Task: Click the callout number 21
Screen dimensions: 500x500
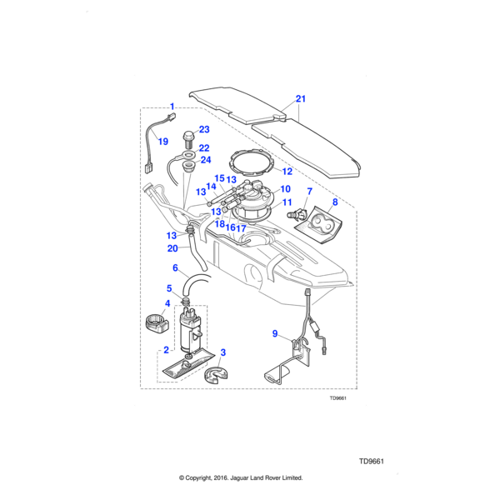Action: coord(300,99)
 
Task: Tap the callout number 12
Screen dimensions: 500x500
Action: coord(287,172)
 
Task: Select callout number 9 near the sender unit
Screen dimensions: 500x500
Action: coord(275,333)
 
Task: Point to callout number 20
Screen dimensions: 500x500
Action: coord(172,248)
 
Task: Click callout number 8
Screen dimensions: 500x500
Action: coord(335,202)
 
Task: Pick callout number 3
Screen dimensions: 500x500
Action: coord(222,352)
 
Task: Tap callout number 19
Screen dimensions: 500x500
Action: coord(163,142)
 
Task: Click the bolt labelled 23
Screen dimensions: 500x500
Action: coord(188,138)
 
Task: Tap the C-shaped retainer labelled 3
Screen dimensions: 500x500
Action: coord(216,376)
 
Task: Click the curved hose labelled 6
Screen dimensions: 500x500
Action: coord(193,282)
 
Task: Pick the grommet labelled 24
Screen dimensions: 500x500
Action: coord(188,167)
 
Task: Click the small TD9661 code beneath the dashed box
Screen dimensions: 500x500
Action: coord(337,398)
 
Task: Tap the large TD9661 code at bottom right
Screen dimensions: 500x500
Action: coord(372,462)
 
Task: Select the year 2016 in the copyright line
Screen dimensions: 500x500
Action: coord(220,478)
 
